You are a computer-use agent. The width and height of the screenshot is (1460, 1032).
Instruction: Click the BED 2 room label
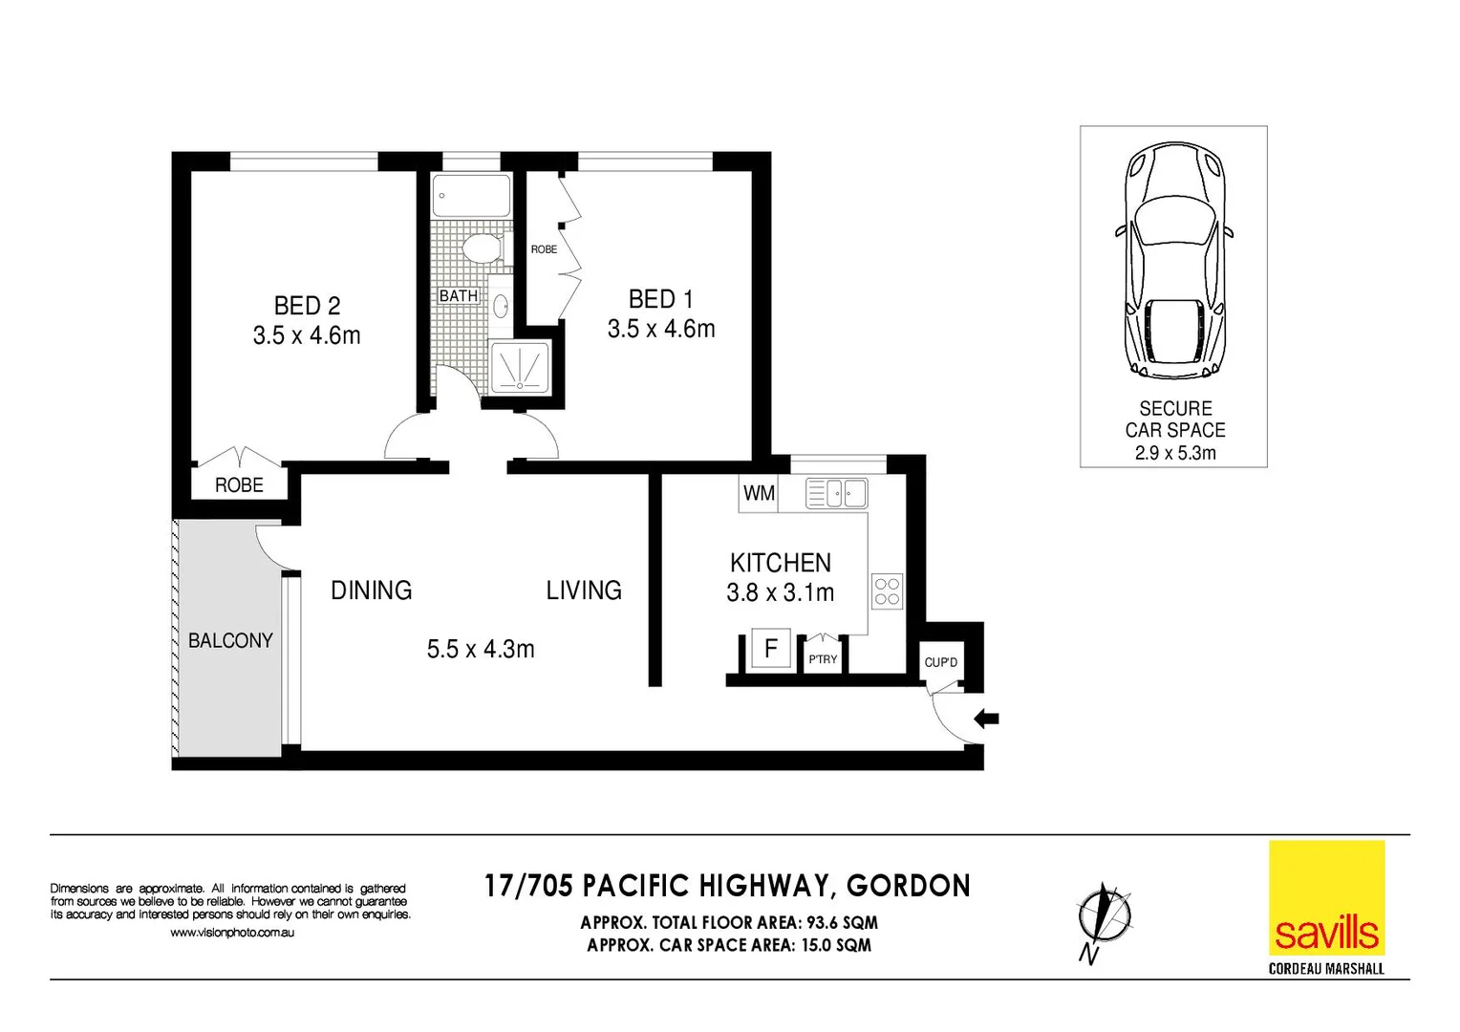pyautogui.click(x=307, y=306)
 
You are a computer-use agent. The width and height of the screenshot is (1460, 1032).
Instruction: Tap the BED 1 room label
pyautogui.click(x=660, y=299)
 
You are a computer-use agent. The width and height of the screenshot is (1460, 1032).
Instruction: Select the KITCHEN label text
pyautogui.click(x=780, y=563)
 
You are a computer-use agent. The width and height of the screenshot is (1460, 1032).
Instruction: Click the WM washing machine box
pyautogui.click(x=759, y=493)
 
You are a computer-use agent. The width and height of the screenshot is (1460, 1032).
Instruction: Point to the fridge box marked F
pyautogui.click(x=770, y=649)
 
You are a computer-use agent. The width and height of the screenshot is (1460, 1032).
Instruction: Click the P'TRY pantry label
pyautogui.click(x=823, y=659)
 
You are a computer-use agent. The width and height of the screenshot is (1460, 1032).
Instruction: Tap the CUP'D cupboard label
pyautogui.click(x=940, y=662)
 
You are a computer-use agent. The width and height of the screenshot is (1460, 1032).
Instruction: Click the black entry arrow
pyautogui.click(x=986, y=719)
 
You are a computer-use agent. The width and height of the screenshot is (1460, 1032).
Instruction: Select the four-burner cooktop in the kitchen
pyautogui.click(x=887, y=591)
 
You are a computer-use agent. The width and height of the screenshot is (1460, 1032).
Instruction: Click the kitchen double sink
pyautogui.click(x=837, y=493)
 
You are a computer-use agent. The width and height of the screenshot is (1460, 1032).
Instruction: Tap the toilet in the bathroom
pyautogui.click(x=482, y=249)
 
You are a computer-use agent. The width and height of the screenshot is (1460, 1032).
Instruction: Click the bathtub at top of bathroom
pyautogui.click(x=471, y=196)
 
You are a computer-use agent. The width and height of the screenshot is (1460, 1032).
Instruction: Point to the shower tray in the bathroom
pyautogui.click(x=520, y=367)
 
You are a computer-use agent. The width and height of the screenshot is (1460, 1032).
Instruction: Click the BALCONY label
pyautogui.click(x=230, y=640)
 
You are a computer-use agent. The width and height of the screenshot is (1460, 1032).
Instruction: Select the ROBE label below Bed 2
pyautogui.click(x=239, y=485)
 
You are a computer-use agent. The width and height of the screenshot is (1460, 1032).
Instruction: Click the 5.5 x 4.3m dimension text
pyautogui.click(x=481, y=650)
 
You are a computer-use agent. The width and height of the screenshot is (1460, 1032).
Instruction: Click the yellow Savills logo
pyautogui.click(x=1326, y=897)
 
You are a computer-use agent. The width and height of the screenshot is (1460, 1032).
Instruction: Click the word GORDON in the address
pyautogui.click(x=908, y=886)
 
